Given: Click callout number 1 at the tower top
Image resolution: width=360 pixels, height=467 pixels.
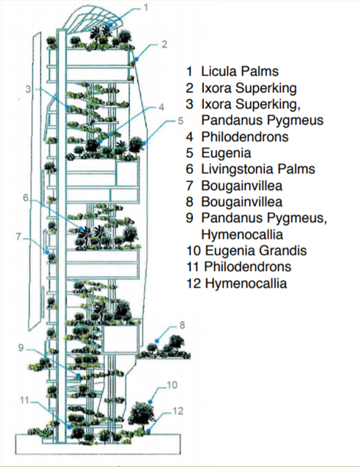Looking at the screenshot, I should (x=145, y=7).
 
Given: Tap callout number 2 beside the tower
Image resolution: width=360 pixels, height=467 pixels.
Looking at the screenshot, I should (x=164, y=44).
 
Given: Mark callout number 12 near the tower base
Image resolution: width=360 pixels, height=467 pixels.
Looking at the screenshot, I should (x=178, y=411).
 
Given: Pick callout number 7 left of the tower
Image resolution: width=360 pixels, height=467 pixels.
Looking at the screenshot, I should (x=18, y=237).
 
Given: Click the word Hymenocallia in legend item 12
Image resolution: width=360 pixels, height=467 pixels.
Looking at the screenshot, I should (x=246, y=283).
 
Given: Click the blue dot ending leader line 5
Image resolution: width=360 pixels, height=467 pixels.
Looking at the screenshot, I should (x=144, y=143).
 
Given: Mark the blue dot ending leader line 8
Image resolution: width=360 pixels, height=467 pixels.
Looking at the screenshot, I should (x=157, y=340).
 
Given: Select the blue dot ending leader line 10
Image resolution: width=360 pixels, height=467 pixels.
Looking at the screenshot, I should (x=151, y=402).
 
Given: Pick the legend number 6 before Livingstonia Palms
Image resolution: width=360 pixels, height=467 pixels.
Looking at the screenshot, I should (x=190, y=169).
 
